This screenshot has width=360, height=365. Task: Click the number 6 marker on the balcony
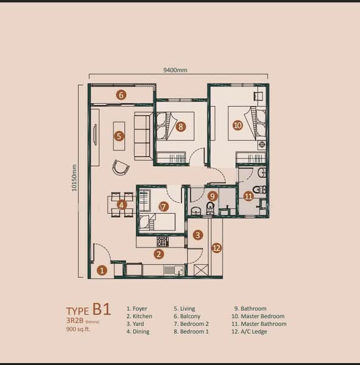click(x=121, y=95)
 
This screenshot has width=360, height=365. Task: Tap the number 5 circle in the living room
click(x=119, y=136)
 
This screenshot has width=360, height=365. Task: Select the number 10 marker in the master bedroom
click(x=238, y=126)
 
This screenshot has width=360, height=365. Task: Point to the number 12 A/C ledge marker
click(x=216, y=248)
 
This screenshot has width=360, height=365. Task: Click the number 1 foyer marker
click(x=103, y=269)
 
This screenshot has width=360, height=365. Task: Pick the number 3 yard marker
click(x=198, y=235)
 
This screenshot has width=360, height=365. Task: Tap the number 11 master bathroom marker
click(x=248, y=196)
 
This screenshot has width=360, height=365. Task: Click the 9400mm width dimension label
click(x=175, y=70)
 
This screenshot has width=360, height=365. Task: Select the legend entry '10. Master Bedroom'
click(x=258, y=316)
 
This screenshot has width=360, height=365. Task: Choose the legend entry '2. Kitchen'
click(x=139, y=316)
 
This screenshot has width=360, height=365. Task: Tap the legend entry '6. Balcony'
click(x=191, y=316)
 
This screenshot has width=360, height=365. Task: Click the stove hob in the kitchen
click(x=163, y=241)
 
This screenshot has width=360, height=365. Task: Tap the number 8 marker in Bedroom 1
click(x=180, y=127)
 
